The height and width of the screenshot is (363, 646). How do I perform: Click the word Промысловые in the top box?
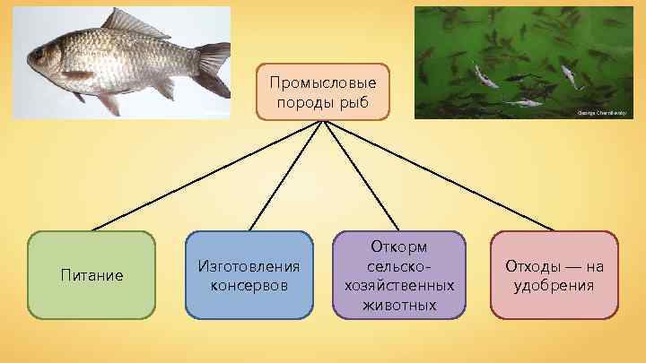click(x=323, y=82)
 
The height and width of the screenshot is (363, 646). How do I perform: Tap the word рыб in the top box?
click(x=354, y=101)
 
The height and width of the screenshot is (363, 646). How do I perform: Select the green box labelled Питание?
click(x=92, y=275)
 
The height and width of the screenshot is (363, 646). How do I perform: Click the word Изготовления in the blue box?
click(x=249, y=266)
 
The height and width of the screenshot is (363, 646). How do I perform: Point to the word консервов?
click(x=249, y=286)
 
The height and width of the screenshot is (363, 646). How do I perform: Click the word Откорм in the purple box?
click(x=399, y=246)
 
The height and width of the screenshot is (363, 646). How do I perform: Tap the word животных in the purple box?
click(x=399, y=305)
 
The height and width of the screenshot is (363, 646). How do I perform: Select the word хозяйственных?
click(x=399, y=285)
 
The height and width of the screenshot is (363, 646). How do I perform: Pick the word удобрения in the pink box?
click(x=554, y=286)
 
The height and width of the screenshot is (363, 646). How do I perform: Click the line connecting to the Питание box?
click(x=206, y=175)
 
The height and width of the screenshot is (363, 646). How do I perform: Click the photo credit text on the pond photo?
click(x=601, y=113)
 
